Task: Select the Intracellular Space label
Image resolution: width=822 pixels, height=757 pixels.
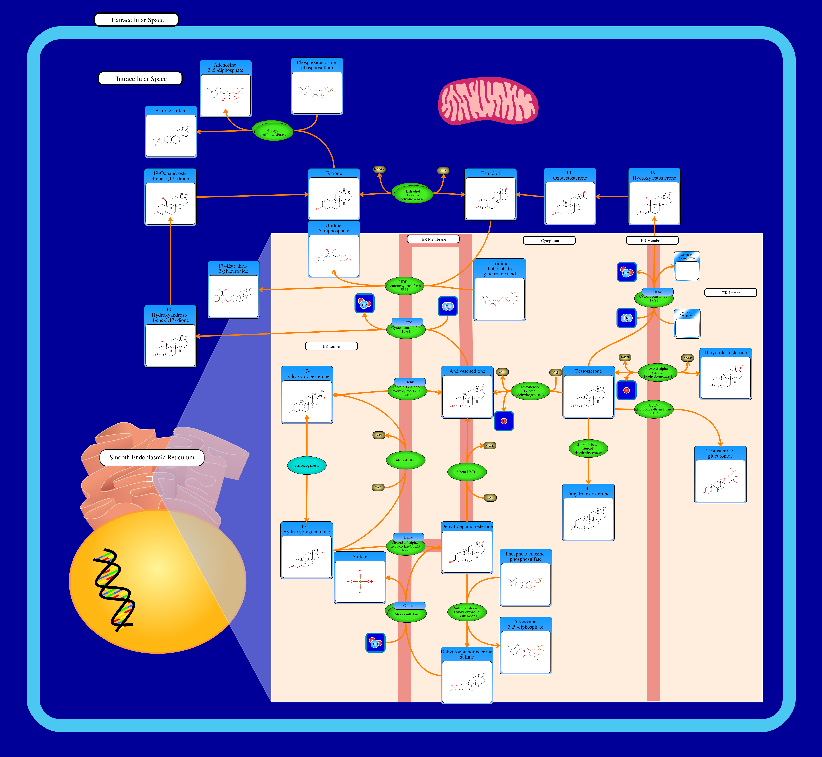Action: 141,79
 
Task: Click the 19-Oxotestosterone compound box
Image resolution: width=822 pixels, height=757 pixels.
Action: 570,197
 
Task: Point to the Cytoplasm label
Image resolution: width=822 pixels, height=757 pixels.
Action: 549,240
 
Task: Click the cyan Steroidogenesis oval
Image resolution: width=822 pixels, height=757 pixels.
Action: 306,465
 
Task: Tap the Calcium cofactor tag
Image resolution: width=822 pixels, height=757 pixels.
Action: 410,605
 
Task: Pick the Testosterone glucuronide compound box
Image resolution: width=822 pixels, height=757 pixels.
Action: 720,474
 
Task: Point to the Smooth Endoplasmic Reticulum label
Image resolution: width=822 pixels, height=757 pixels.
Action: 151,458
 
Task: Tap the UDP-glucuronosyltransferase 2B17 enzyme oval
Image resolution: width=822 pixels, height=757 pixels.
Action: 654,409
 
